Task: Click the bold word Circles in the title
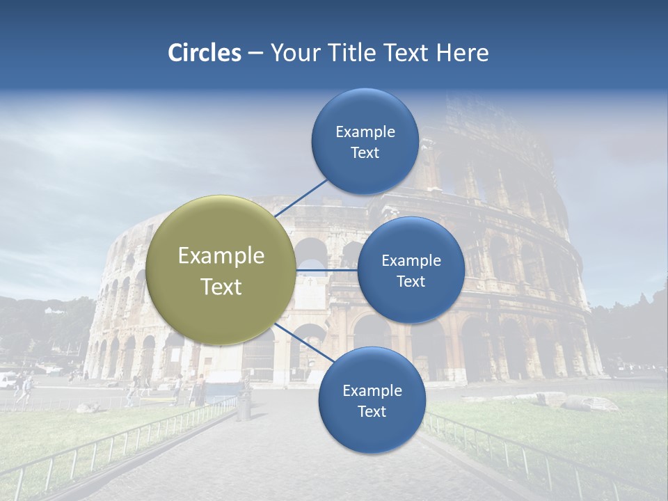click(204, 53)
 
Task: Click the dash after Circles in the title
click(255, 54)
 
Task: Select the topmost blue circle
click(365, 141)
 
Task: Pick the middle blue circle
click(411, 270)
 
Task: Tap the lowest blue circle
click(372, 400)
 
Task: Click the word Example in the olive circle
click(221, 256)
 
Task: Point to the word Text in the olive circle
click(221, 287)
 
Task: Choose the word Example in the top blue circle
click(365, 132)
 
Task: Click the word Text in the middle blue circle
click(411, 281)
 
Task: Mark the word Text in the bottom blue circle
click(372, 411)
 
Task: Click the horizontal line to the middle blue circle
click(326, 270)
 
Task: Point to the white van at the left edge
click(7, 380)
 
